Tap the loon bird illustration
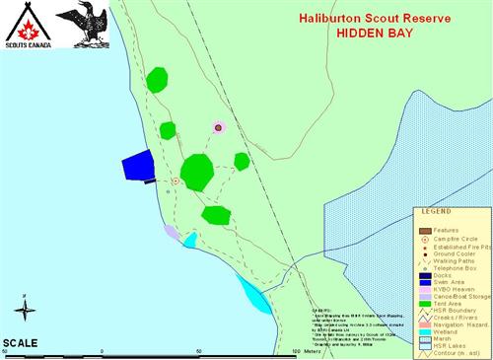point(80,26)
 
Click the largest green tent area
point(197,172)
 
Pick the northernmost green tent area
point(157,79)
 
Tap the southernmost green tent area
point(215,214)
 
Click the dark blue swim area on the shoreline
point(137,167)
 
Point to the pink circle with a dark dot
point(218,127)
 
